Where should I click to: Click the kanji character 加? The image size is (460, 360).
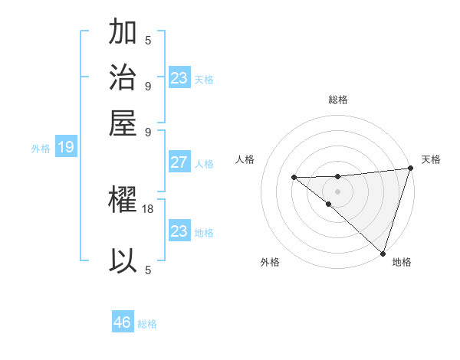[x=123, y=33]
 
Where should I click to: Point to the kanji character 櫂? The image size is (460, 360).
[x=123, y=201]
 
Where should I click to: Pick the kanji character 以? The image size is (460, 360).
[x=123, y=260]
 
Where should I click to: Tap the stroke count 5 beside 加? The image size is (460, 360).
[x=148, y=41]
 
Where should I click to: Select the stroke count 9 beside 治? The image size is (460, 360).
[x=148, y=85]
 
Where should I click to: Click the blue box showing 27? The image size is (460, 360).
[x=179, y=162]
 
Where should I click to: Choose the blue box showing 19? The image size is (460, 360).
[x=66, y=148]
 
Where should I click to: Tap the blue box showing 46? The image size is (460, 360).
[x=123, y=322]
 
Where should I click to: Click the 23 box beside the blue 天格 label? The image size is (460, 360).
[x=179, y=78]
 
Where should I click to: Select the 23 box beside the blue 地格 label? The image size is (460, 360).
[x=179, y=231]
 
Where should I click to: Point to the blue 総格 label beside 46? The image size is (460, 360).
[x=147, y=324]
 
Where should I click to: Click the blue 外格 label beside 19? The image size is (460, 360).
[x=41, y=149]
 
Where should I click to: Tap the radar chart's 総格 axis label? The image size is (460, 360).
[x=338, y=100]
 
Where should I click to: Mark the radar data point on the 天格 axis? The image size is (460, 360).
[x=409, y=169]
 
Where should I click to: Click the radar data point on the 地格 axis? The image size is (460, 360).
[x=383, y=253]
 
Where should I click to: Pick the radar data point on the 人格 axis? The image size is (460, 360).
[x=294, y=178]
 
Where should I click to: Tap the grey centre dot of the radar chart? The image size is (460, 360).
[x=338, y=191]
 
